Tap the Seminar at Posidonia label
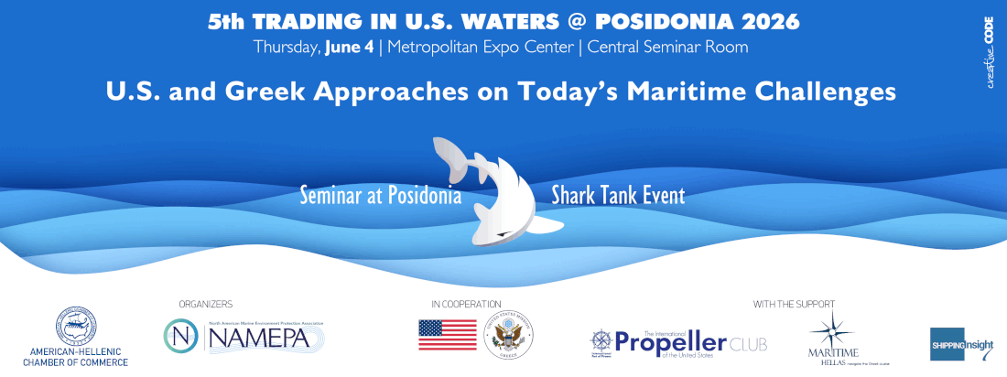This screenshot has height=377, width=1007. coord(380,196)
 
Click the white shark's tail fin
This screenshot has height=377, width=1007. coord(453,155)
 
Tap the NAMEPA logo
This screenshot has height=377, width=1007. coord(244,336)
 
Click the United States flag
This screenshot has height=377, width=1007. coord(447,335)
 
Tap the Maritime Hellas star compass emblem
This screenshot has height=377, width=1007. coord(833,329)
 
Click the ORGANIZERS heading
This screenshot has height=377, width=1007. coord(205,304)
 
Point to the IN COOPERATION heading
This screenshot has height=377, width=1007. coord(466,304)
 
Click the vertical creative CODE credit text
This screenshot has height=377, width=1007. coord(990,49)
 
